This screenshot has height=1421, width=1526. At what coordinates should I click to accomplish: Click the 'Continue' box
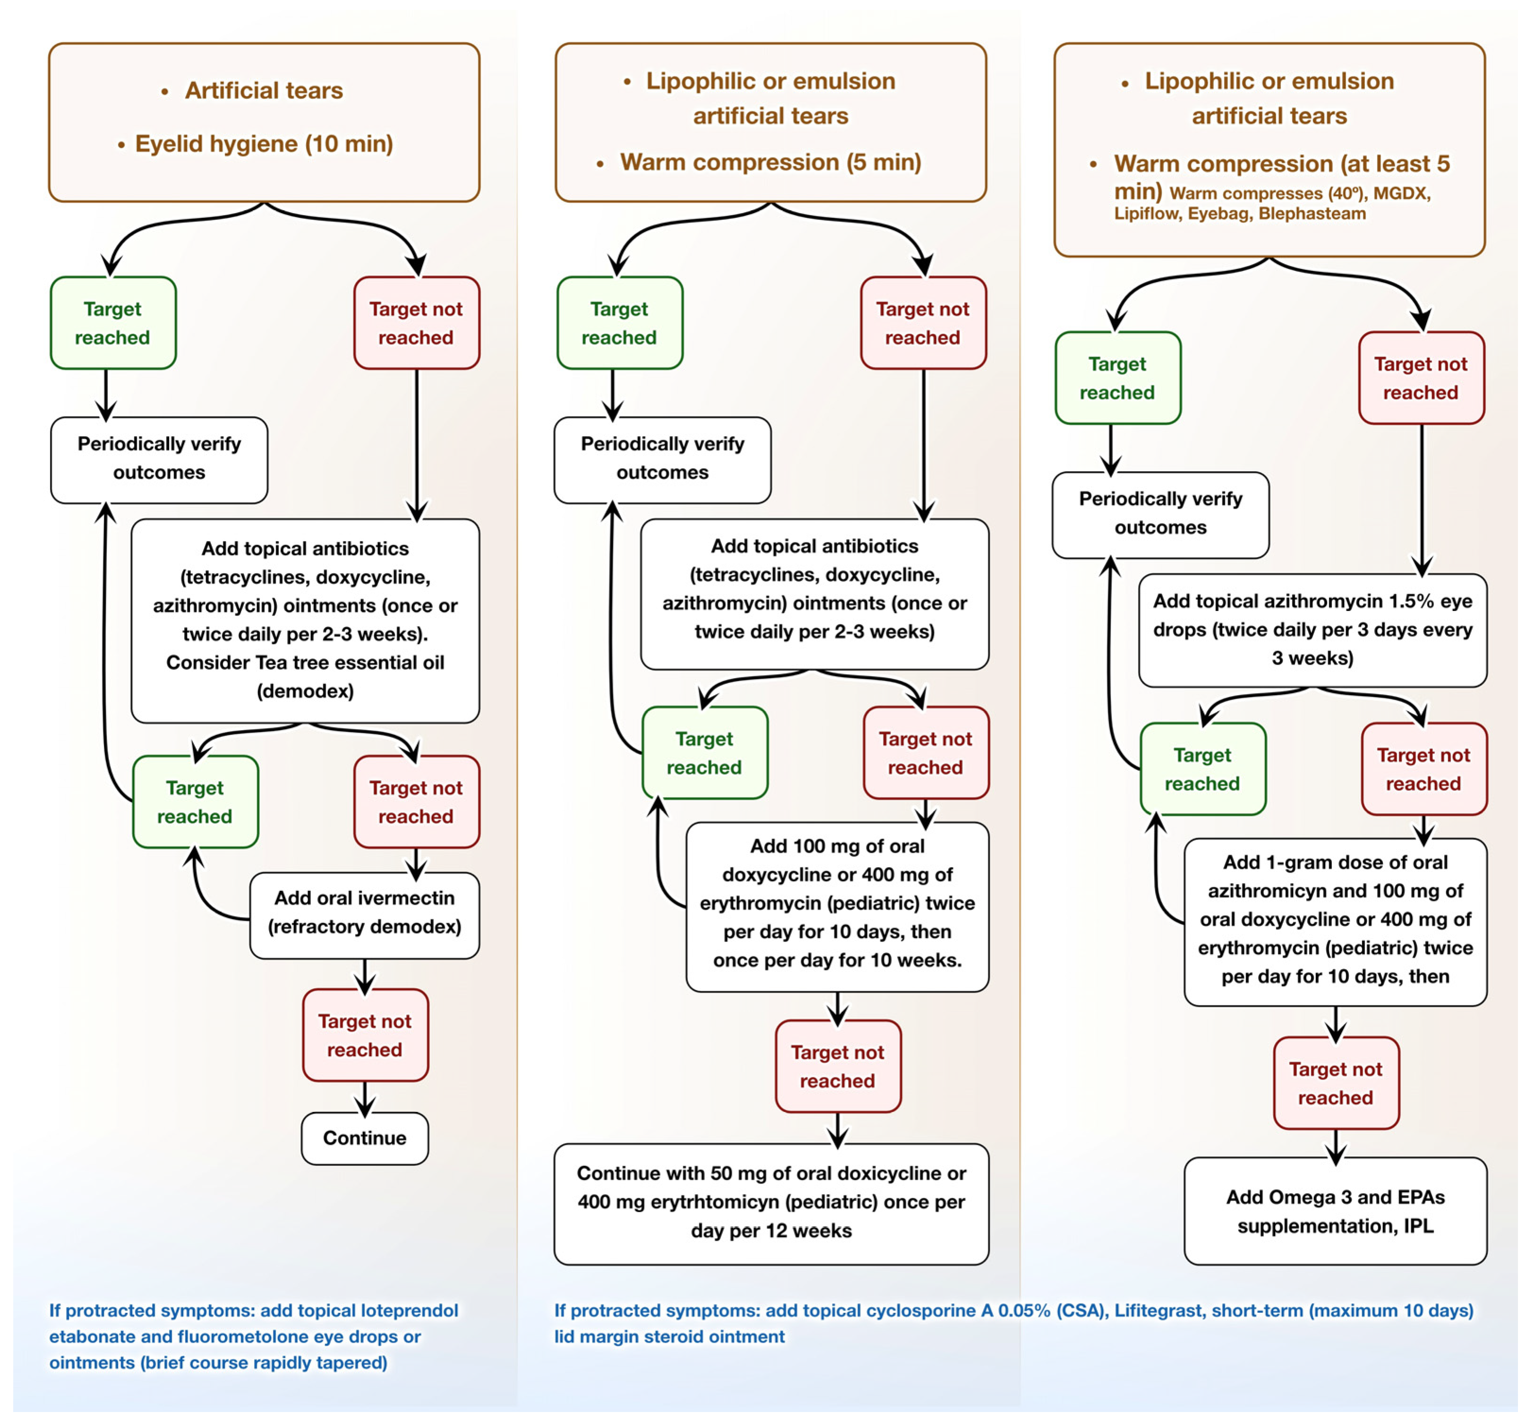click(365, 1138)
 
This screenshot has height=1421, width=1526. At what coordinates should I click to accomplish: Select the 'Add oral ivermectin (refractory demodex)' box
click(365, 913)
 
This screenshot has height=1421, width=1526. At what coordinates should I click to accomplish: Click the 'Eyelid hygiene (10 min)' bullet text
click(263, 144)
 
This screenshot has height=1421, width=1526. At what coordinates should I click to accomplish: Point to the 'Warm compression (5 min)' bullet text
click(770, 162)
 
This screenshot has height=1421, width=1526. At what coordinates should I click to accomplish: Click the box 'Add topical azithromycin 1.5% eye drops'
click(1312, 629)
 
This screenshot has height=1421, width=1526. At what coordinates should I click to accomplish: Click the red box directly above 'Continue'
click(365, 1035)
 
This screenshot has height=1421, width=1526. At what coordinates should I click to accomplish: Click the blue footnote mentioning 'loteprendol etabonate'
click(253, 1336)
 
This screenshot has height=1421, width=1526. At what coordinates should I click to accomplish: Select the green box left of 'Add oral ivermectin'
click(195, 801)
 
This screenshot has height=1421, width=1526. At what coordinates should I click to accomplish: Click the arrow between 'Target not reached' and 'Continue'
click(365, 1098)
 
